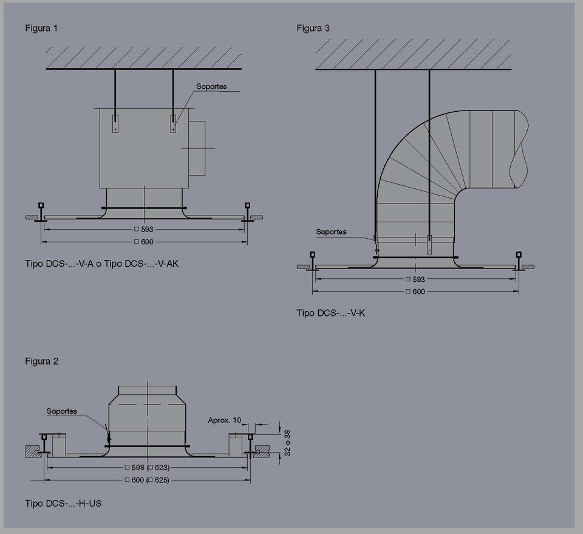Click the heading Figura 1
click(41, 29)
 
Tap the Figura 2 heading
click(42, 361)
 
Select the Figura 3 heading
click(313, 29)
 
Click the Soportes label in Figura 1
click(211, 86)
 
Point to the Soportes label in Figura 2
click(62, 411)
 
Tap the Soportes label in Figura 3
click(331, 231)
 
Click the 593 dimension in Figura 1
click(144, 230)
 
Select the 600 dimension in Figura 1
click(144, 242)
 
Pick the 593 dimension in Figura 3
click(415, 279)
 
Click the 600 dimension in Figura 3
click(415, 292)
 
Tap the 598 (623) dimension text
click(147, 467)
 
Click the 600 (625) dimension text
click(147, 480)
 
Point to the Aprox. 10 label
click(225, 420)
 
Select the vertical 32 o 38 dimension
click(287, 443)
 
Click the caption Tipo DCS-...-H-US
click(63, 504)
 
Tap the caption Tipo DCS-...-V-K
click(330, 313)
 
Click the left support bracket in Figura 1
click(115, 124)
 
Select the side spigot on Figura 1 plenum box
click(197, 148)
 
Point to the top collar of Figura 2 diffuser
click(147, 391)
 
